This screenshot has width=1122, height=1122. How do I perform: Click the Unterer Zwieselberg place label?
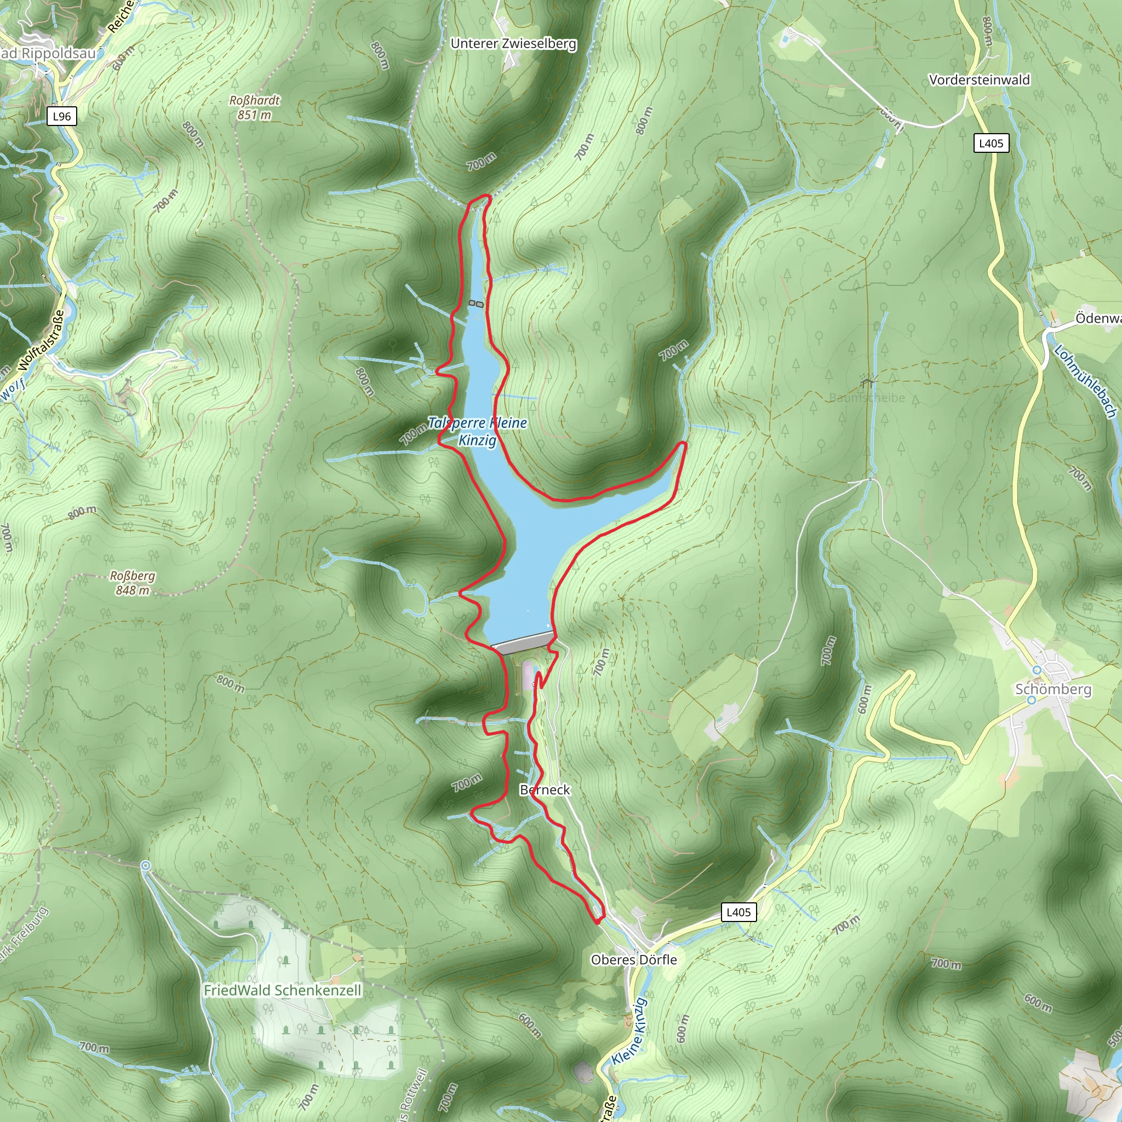click(513, 44)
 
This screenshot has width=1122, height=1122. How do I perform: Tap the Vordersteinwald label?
click(979, 80)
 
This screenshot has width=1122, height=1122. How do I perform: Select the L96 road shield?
click(61, 116)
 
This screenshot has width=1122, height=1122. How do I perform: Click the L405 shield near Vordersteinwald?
click(991, 144)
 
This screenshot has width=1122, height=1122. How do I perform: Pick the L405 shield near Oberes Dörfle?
click(738, 912)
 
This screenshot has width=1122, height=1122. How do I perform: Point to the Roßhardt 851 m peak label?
click(254, 107)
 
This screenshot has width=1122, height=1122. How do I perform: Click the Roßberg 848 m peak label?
click(133, 583)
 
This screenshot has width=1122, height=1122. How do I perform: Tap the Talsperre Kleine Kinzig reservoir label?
click(477, 431)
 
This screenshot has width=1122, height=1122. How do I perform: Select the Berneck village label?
click(545, 790)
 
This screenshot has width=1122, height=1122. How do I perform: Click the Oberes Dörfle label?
click(634, 960)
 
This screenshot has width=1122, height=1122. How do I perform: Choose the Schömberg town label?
click(1053, 689)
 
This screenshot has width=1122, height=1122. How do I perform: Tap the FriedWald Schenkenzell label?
click(282, 990)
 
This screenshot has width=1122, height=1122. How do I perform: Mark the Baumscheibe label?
click(867, 398)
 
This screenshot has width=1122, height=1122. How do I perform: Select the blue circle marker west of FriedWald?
click(146, 866)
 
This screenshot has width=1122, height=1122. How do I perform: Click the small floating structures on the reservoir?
click(476, 304)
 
